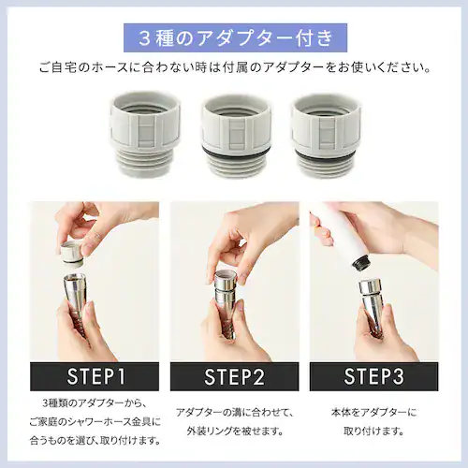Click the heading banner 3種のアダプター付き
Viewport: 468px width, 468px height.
pyautogui.click(x=235, y=38)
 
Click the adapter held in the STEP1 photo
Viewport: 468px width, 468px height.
pyautogui.click(x=71, y=252)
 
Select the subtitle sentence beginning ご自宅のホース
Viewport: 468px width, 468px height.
pyautogui.click(x=235, y=68)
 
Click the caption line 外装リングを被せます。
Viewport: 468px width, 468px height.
pyautogui.click(x=233, y=431)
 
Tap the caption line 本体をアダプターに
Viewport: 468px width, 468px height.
pyautogui.click(x=373, y=412)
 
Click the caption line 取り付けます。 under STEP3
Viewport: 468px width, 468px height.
pyautogui.click(x=373, y=431)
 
